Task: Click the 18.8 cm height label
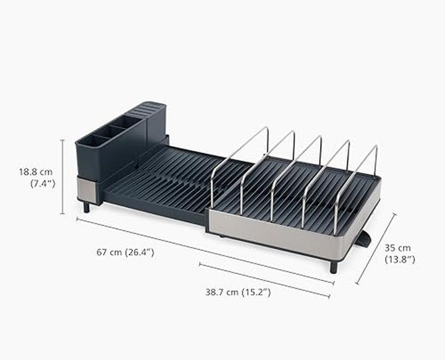point(36,172)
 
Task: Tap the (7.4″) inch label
point(43,183)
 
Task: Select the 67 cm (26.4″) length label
point(125,252)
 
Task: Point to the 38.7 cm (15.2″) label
point(238,292)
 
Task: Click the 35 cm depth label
point(397,248)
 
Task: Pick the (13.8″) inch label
point(400,259)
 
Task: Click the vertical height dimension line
point(62,177)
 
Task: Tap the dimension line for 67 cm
point(205,250)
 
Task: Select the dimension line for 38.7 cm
point(265,280)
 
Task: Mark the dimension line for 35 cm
point(376,249)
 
